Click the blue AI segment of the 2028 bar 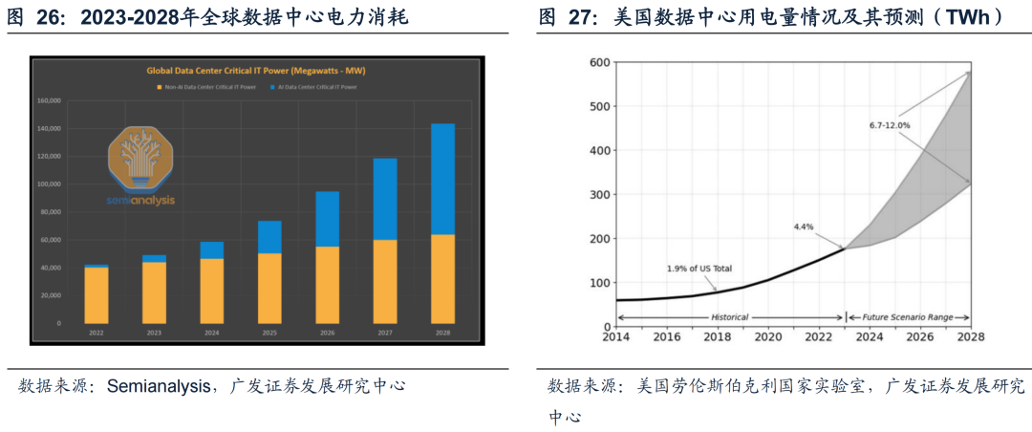[442, 179]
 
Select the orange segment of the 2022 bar [97, 295]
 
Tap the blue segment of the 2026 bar [327, 219]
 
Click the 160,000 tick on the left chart [49, 100]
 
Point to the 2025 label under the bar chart [269, 333]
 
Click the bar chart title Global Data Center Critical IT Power [255, 71]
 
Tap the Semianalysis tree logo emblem [141, 159]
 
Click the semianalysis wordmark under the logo [140, 202]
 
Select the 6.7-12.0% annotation [890, 125]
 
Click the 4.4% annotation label [805, 227]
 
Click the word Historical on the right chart [729, 316]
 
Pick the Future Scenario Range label [908, 316]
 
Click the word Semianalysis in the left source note [158, 387]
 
